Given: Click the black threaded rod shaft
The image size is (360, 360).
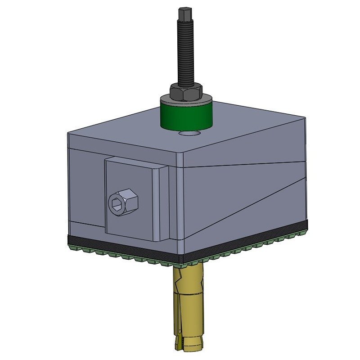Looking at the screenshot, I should tap(185, 54).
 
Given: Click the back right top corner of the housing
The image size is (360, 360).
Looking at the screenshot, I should tap(305, 118).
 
